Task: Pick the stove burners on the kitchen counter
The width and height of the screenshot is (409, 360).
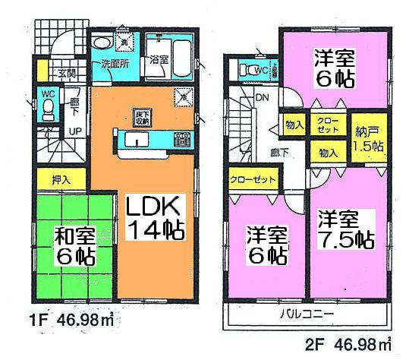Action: tap(182, 140)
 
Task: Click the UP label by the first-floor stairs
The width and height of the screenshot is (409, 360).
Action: tap(77, 131)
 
